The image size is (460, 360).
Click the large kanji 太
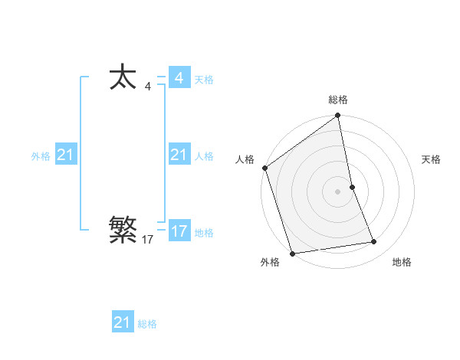(123, 78)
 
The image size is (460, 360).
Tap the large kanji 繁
(123, 228)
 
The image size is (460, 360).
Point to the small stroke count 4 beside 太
(148, 87)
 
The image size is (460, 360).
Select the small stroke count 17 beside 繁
(148, 240)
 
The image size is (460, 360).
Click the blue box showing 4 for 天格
(179, 78)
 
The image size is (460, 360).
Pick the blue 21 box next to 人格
(179, 155)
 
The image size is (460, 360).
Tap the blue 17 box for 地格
(179, 231)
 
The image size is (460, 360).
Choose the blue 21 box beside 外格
(66, 155)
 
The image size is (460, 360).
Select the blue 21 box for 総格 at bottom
(123, 322)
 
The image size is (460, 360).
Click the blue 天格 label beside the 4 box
(204, 80)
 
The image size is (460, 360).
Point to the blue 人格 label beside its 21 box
(204, 156)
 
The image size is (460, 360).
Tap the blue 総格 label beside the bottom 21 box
(147, 324)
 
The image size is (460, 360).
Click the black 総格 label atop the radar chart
(338, 100)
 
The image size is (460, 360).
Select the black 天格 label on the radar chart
(432, 159)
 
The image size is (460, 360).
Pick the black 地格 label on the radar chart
(402, 263)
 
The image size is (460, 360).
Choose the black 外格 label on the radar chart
(270, 263)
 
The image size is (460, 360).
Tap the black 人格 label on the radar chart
(245, 159)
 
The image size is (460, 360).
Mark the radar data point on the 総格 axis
(338, 116)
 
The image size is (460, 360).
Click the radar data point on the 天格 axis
(352, 186)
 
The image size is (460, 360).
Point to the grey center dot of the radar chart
(338, 191)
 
